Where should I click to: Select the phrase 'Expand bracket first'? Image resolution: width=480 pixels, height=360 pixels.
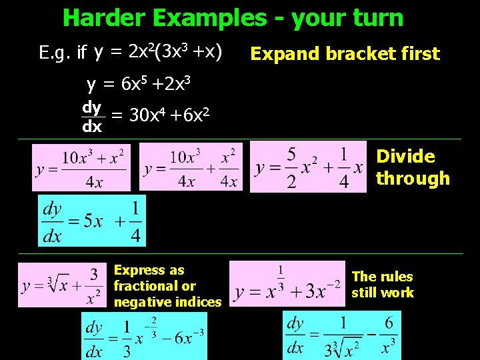click(x=345, y=54)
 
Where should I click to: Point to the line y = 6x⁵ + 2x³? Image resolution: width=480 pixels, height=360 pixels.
click(x=139, y=84)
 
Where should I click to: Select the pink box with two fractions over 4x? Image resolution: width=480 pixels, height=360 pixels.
click(x=191, y=169)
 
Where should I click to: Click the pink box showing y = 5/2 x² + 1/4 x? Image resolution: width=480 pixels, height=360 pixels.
click(x=308, y=167)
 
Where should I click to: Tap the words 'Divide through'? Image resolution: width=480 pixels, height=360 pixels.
click(x=413, y=167)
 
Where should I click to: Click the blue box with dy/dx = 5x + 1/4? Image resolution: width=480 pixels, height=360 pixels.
click(x=92, y=221)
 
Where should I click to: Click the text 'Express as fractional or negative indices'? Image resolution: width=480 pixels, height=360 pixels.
click(x=167, y=286)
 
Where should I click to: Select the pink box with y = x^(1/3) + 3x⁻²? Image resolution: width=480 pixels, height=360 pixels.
click(x=287, y=283)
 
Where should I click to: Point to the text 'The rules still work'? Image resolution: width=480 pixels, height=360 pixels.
click(x=383, y=285)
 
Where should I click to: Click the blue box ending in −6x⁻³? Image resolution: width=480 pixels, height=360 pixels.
click(x=145, y=337)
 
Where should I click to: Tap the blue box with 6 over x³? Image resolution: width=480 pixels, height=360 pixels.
click(x=342, y=335)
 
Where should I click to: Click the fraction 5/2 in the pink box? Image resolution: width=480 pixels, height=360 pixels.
click(x=291, y=168)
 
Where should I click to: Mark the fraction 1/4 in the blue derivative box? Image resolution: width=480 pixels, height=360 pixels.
click(x=135, y=222)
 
